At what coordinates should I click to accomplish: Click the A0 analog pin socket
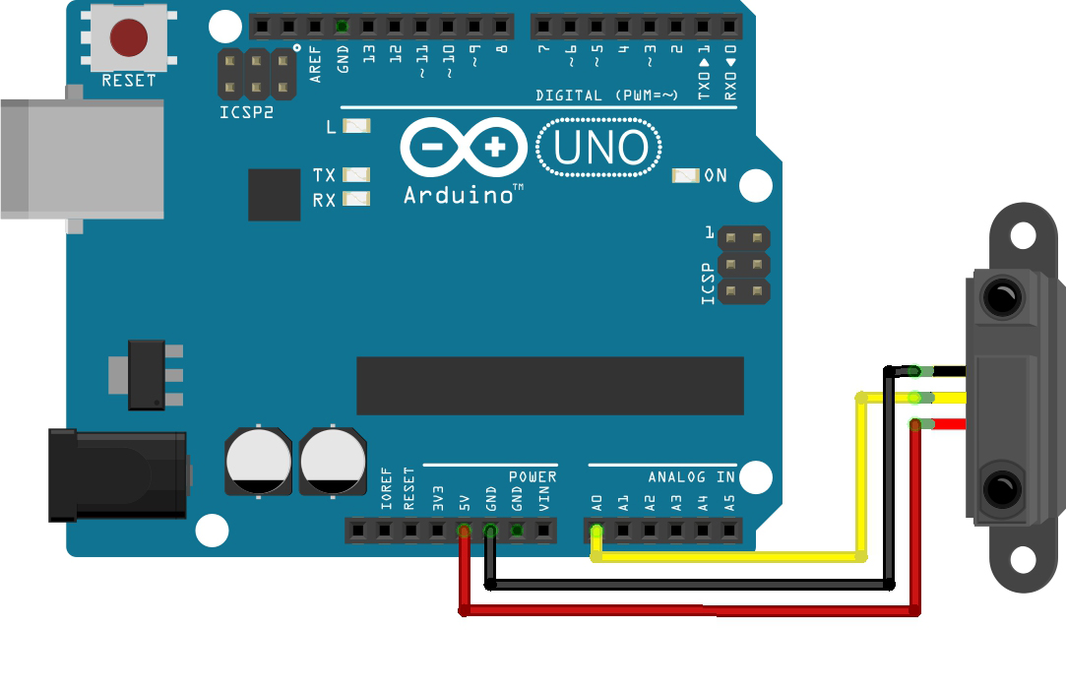(x=596, y=532)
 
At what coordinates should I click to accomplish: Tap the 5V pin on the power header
(x=464, y=532)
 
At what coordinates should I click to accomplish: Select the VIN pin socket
(x=543, y=532)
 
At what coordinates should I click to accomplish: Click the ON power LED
(x=685, y=175)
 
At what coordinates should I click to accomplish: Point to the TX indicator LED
(x=355, y=175)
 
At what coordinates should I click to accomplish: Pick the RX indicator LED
(x=355, y=199)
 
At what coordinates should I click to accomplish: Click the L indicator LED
(x=355, y=126)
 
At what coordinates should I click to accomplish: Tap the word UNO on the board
(x=599, y=149)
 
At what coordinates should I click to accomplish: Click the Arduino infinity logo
(x=464, y=149)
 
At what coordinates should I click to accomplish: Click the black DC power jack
(x=116, y=474)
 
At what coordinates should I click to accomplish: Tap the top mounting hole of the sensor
(x=1023, y=235)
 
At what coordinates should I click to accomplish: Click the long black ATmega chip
(x=549, y=386)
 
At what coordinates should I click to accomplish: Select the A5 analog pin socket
(x=728, y=532)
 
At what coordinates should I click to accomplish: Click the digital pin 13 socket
(x=368, y=26)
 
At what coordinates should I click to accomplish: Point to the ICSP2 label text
(x=246, y=112)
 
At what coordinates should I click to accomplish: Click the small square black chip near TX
(x=274, y=194)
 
